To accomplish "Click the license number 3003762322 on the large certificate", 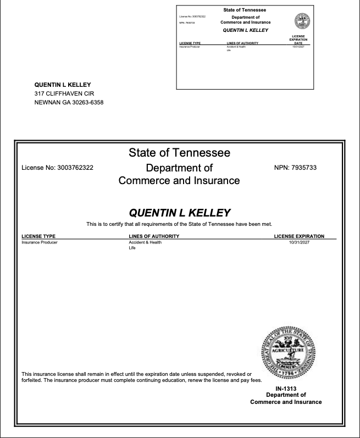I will (x=75, y=168).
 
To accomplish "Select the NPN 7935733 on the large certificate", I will (x=306, y=168).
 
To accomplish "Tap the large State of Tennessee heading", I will (x=179, y=152).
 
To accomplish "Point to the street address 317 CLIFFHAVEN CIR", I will (x=64, y=93).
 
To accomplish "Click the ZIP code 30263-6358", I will (x=88, y=102).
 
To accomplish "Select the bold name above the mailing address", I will (x=62, y=85).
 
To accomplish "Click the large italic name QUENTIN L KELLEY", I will (x=179, y=213).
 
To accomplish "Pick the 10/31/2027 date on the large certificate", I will (x=298, y=242).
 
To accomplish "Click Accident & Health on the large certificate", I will (x=145, y=242).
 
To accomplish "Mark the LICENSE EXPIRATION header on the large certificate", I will (x=299, y=236).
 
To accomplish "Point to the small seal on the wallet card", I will (x=302, y=21).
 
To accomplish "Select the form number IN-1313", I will (x=286, y=389).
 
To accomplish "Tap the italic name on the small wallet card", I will (x=245, y=30).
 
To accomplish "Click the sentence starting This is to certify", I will (x=179, y=224).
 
